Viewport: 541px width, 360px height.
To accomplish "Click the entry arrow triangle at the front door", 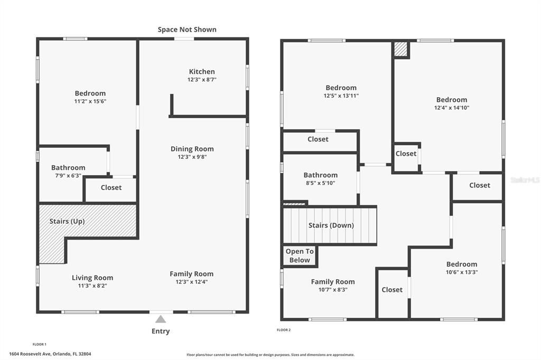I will tap(161, 319).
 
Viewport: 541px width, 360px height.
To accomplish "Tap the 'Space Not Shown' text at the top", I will tap(187, 30).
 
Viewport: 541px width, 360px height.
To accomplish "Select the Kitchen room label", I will tap(202, 72).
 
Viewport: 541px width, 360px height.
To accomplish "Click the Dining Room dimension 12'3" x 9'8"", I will tap(192, 157).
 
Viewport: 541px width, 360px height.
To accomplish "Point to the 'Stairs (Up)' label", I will tap(67, 221).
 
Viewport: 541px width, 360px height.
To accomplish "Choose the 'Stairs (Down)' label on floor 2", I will tap(331, 225).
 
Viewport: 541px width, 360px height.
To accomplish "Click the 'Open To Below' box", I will tap(300, 255).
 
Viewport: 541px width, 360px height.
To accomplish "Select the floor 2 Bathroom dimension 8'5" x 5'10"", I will tap(320, 183).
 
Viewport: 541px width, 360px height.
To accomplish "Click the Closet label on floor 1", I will tap(111, 187).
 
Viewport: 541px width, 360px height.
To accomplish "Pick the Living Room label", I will tap(92, 278).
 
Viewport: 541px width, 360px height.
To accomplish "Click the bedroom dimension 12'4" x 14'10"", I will tap(451, 108).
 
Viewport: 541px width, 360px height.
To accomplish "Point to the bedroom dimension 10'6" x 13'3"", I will tap(462, 272).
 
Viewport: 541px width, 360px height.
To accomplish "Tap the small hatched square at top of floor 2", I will tap(401, 50).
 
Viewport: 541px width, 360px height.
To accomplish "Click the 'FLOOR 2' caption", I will tap(284, 330).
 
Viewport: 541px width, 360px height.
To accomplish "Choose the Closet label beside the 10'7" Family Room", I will tap(392, 290).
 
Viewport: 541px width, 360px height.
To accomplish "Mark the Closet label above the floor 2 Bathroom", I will tap(318, 139).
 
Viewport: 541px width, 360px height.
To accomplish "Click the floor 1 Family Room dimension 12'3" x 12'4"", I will tap(192, 282).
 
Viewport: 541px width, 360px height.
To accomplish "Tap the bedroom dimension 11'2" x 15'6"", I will tap(90, 101).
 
